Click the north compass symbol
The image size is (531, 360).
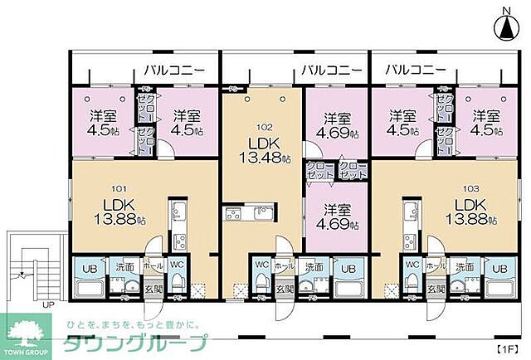[505, 27]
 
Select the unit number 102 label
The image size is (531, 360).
[264, 128]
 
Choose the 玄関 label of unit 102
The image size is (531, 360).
[285, 289]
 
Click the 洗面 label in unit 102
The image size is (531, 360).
[314, 267]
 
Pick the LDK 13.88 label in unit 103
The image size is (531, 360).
[470, 212]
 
